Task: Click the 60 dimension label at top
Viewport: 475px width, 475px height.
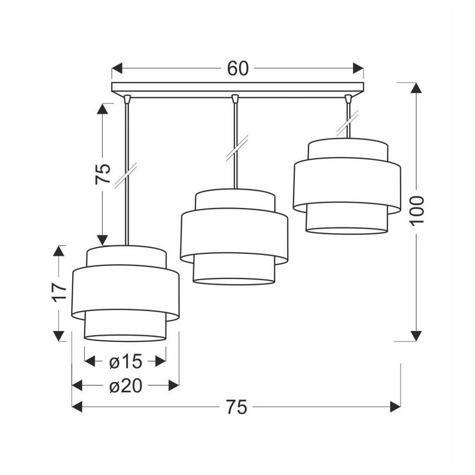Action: [x=237, y=68]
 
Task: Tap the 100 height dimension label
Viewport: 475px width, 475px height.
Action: [x=417, y=210]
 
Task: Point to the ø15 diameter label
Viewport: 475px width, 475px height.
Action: [x=125, y=361]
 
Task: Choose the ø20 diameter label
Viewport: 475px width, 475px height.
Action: [x=125, y=386]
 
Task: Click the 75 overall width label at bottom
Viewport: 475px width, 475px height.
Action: [x=236, y=407]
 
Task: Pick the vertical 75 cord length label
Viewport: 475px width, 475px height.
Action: [x=103, y=174]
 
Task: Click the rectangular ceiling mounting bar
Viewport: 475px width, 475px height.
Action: [x=237, y=87]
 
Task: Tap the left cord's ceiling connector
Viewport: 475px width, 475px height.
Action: [x=127, y=99]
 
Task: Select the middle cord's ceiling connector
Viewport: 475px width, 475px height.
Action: [x=235, y=99]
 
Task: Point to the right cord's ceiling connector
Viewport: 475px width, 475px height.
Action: [x=347, y=99]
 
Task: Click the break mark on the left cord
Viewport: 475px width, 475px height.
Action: [x=126, y=176]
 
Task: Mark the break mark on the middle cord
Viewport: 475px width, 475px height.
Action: [x=236, y=148]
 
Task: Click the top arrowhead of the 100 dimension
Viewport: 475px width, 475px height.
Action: [x=416, y=88]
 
